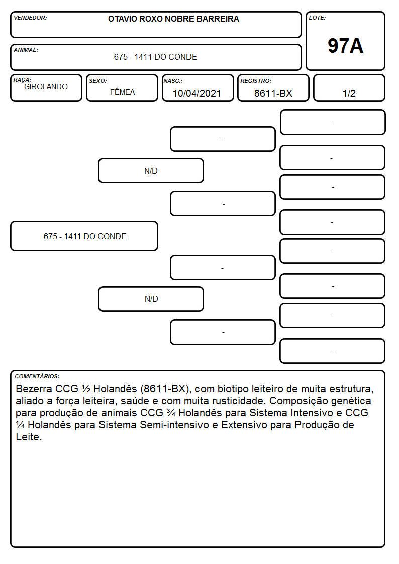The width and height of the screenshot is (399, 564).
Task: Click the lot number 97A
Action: [x=345, y=46]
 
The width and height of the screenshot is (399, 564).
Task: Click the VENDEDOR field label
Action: [x=30, y=18]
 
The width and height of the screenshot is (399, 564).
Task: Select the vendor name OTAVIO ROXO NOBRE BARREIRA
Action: [x=173, y=19]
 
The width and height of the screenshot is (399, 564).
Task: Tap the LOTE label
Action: [x=317, y=18]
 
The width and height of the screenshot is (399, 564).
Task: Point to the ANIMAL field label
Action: [x=26, y=50]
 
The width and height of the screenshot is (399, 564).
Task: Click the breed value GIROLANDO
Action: [x=46, y=87]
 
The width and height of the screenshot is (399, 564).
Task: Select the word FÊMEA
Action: [x=122, y=92]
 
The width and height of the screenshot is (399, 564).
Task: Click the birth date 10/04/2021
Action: [x=197, y=93]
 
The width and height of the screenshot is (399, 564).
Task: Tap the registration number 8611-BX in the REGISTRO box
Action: [x=273, y=93]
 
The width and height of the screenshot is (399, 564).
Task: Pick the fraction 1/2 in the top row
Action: [x=349, y=93]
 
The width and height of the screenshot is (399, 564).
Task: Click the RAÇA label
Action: [x=22, y=80]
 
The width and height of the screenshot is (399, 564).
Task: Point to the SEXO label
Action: [x=98, y=81]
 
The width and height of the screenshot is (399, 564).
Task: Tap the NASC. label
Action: [x=173, y=81]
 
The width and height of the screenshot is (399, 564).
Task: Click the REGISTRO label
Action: [x=256, y=81]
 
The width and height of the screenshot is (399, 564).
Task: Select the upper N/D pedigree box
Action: [x=151, y=170]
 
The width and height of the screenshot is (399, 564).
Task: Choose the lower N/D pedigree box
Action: [x=151, y=299]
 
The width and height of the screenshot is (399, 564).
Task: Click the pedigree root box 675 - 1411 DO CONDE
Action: [x=84, y=236]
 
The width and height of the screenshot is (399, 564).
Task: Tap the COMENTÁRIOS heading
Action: [x=37, y=376]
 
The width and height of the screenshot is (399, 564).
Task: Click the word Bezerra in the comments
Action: [x=34, y=389]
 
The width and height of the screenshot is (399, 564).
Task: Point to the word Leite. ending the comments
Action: [x=29, y=437]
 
